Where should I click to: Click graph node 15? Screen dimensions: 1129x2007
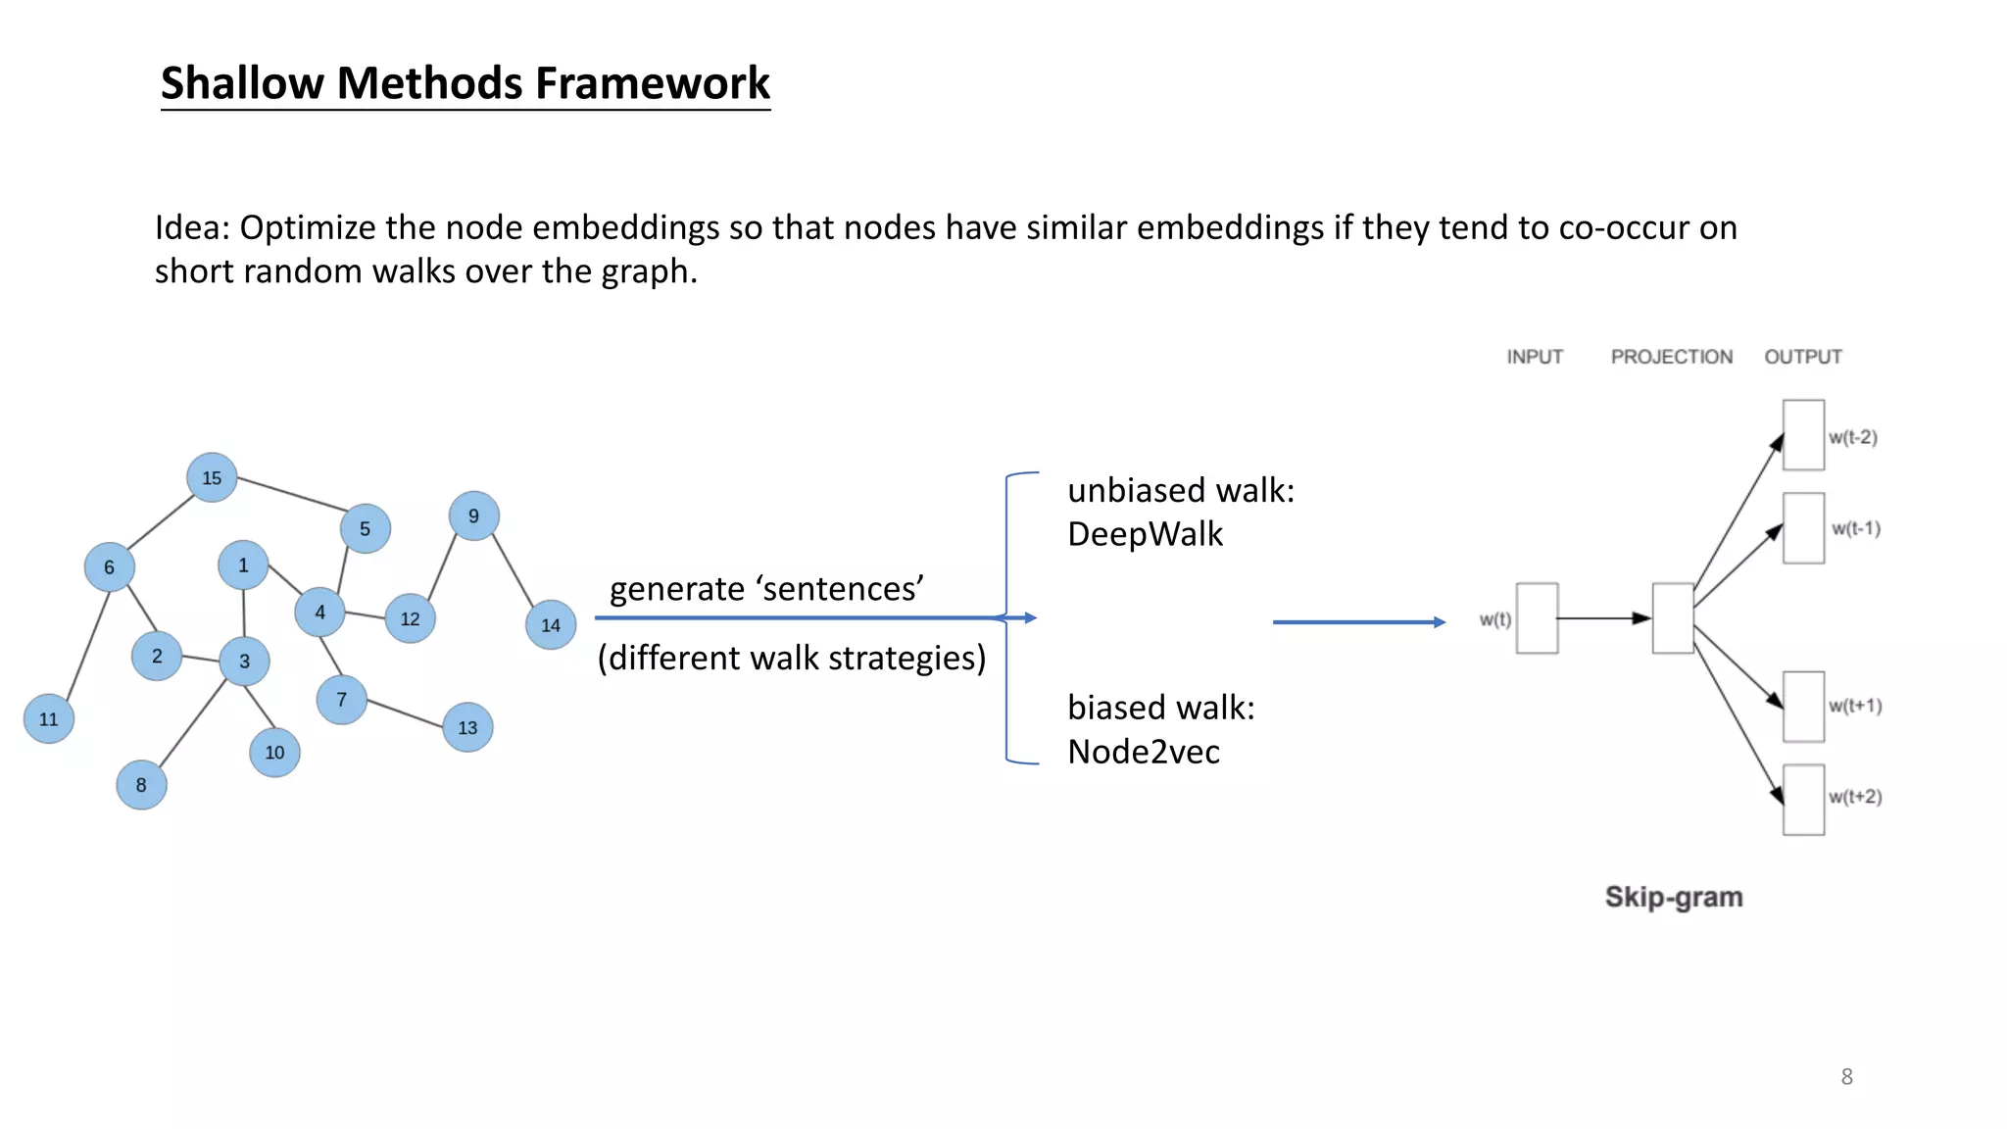[212, 477]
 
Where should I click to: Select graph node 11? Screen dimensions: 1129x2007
[49, 718]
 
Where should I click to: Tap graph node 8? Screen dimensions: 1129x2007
[141, 785]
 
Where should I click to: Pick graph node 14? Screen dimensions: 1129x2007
[551, 625]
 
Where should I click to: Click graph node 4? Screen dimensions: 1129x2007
[319, 612]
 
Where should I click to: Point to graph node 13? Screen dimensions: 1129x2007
[467, 727]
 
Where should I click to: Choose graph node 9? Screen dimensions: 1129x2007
[473, 515]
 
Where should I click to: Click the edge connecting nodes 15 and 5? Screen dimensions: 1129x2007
[292, 494]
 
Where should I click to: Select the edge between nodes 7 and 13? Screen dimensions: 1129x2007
[405, 713]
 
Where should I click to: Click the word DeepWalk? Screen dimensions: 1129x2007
[1145, 535]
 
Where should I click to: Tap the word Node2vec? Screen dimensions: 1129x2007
[1144, 753]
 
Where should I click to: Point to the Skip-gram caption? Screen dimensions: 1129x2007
[1674, 897]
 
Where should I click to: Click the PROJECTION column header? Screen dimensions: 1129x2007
[1671, 357]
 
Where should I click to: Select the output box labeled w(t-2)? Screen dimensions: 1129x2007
[1803, 435]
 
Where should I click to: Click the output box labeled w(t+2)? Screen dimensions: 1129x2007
[1803, 800]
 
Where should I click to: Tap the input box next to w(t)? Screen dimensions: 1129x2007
[1537, 618]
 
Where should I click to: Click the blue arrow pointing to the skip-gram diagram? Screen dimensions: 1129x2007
[1358, 621]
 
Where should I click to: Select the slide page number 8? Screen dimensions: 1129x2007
[1846, 1077]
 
